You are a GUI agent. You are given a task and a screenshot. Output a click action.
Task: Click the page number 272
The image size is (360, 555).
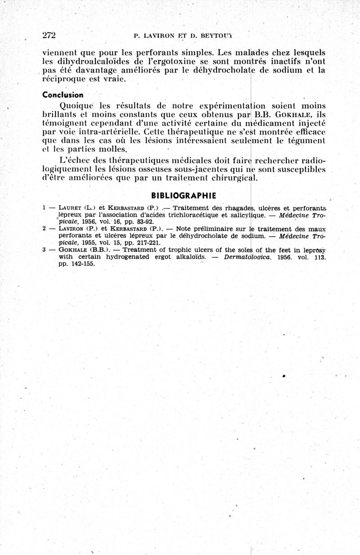(x=49, y=35)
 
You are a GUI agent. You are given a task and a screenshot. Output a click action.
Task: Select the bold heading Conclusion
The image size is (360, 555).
(x=63, y=95)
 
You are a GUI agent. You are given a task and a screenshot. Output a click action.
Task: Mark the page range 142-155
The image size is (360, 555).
(x=82, y=264)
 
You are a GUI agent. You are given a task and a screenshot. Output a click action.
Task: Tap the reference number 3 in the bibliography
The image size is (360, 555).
(x=45, y=249)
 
